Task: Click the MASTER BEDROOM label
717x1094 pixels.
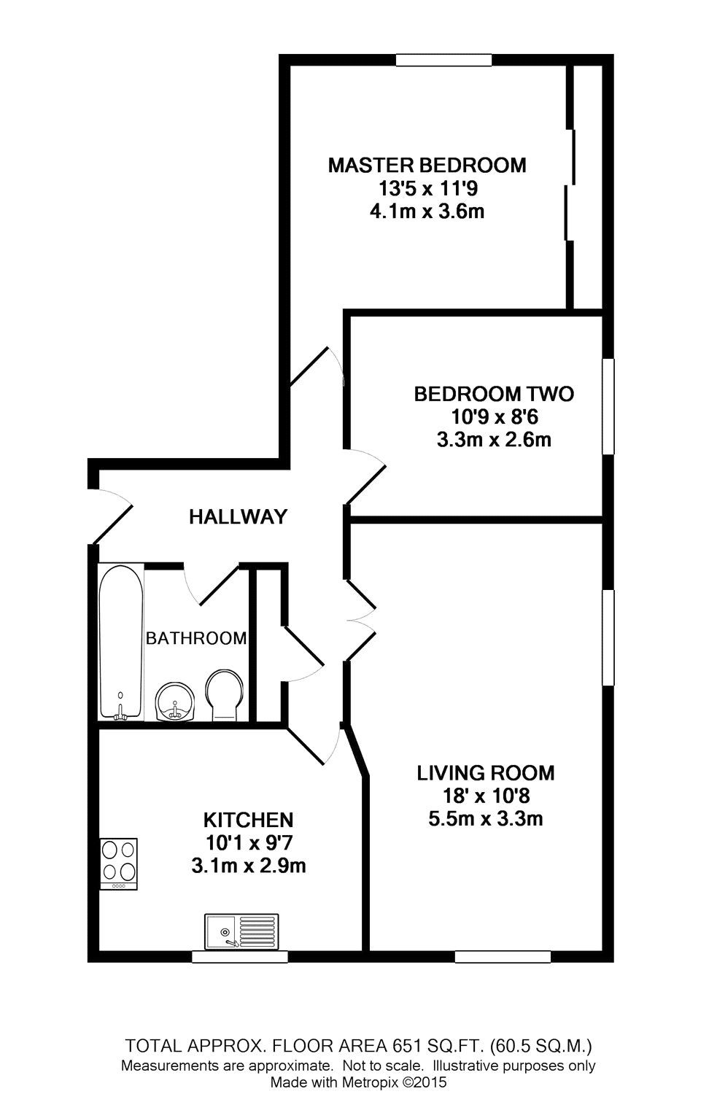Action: pyautogui.click(x=427, y=165)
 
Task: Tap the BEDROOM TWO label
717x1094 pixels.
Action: pyautogui.click(x=494, y=395)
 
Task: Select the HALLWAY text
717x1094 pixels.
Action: pyautogui.click(x=238, y=517)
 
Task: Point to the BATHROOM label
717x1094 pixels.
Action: pyautogui.click(x=196, y=639)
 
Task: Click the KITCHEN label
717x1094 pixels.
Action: pyautogui.click(x=248, y=820)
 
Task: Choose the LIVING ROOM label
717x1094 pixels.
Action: pyautogui.click(x=485, y=772)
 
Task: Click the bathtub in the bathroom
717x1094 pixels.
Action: pyautogui.click(x=121, y=643)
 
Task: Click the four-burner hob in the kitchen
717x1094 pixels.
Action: pyautogui.click(x=118, y=864)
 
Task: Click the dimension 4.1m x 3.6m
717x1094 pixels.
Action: pyautogui.click(x=427, y=212)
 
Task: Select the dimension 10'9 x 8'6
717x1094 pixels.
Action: pyautogui.click(x=494, y=417)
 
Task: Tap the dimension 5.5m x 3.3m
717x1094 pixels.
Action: pyautogui.click(x=485, y=819)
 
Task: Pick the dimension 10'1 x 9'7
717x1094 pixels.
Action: pyautogui.click(x=248, y=843)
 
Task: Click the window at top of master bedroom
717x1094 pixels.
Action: pyautogui.click(x=443, y=61)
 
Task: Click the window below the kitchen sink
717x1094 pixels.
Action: pyautogui.click(x=239, y=957)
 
